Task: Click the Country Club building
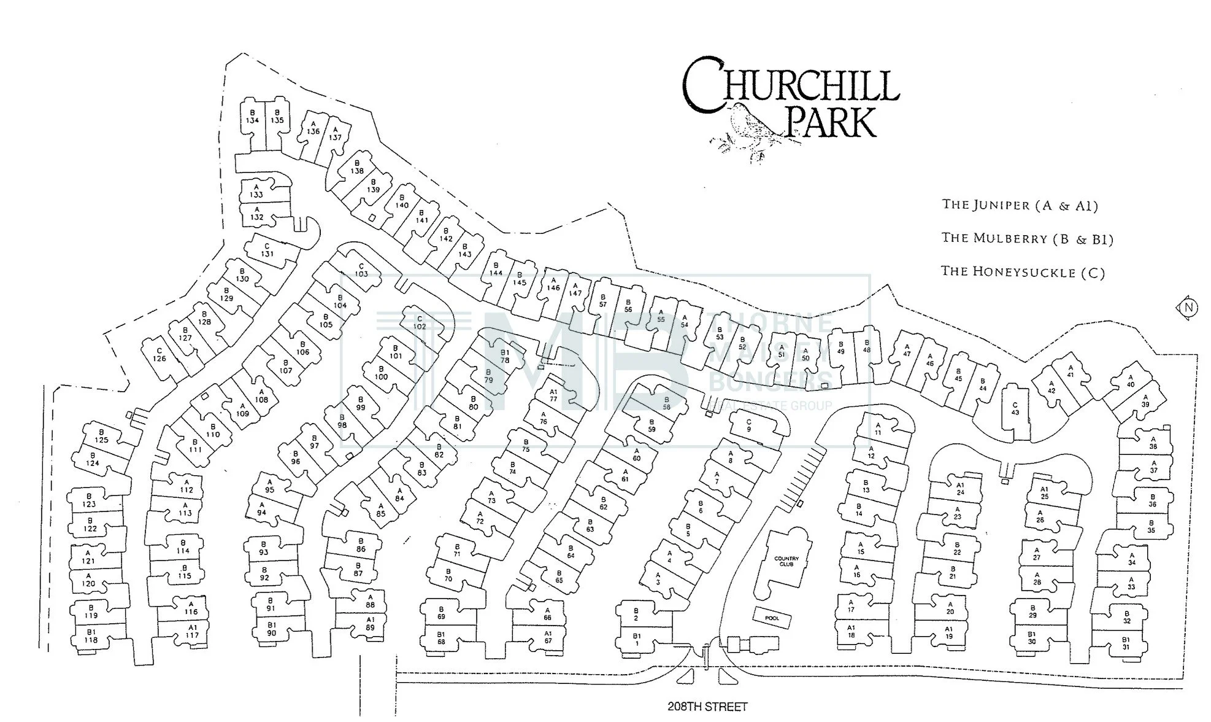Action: coord(786,561)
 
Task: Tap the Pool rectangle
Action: coord(772,618)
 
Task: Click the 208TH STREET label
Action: coord(707,707)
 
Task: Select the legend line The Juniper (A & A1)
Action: coord(1020,205)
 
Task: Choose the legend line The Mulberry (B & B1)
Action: coord(1028,238)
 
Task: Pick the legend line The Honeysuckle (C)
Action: coord(1023,271)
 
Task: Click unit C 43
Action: coord(1015,408)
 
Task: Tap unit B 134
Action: coord(252,117)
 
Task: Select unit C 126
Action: coord(160,355)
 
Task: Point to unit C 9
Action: coord(748,425)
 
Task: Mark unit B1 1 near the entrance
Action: coord(637,640)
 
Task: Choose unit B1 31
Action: coord(1126,643)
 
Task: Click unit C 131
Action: coord(267,250)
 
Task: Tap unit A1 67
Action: coord(548,637)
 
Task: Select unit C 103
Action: coord(361,270)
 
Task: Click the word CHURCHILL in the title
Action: coord(790,86)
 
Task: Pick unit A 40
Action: coord(1131,381)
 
